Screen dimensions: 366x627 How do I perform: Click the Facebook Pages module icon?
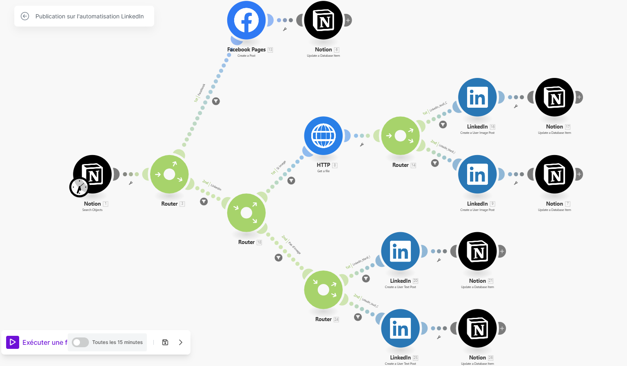click(246, 20)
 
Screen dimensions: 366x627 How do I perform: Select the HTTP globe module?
click(323, 136)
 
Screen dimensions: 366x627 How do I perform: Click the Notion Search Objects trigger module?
click(93, 174)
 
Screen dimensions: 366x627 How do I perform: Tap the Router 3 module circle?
click(169, 174)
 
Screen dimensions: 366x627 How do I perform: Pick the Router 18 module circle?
click(246, 213)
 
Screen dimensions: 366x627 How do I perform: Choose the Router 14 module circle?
click(400, 136)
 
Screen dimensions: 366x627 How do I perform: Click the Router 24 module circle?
click(323, 290)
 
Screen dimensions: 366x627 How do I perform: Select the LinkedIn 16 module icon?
click(477, 98)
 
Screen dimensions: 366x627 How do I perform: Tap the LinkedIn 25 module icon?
click(400, 328)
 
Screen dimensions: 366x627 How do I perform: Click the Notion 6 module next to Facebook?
click(323, 20)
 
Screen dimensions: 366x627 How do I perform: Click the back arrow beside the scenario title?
click(25, 16)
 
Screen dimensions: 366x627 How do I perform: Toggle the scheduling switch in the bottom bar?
click(80, 342)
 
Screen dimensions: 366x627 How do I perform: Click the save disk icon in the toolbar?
click(165, 342)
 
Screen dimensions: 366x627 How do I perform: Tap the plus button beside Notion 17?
click(579, 97)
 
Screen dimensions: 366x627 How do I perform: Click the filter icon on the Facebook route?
click(216, 101)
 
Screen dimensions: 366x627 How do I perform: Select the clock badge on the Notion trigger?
click(79, 187)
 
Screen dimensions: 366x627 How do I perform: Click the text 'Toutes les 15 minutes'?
click(117, 342)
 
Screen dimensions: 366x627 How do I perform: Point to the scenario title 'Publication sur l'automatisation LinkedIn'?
click(89, 16)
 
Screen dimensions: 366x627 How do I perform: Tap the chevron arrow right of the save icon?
click(181, 342)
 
